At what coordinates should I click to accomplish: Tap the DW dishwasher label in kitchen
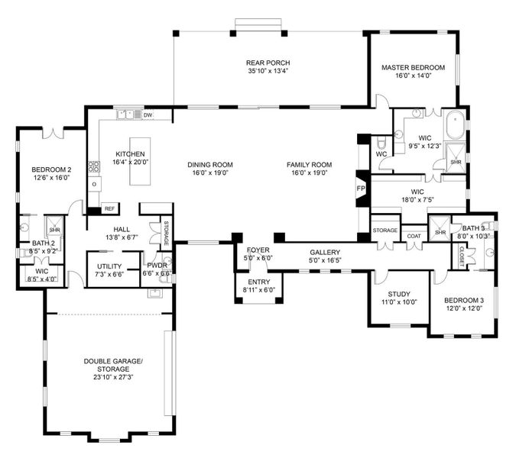coord(148,115)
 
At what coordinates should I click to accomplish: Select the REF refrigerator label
coord(109,208)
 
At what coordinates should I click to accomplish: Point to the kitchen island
coord(139,169)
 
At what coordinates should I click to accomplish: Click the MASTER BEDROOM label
coord(413,68)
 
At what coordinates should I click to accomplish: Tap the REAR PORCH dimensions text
coord(268,72)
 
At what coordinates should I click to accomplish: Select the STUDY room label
coord(399,294)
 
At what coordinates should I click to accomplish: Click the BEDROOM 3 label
coord(464,301)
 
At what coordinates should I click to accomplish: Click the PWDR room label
coord(156,265)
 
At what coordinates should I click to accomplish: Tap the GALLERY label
coord(325,252)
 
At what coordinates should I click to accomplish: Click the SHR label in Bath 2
coord(54,229)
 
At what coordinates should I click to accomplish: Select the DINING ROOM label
coord(210,165)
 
